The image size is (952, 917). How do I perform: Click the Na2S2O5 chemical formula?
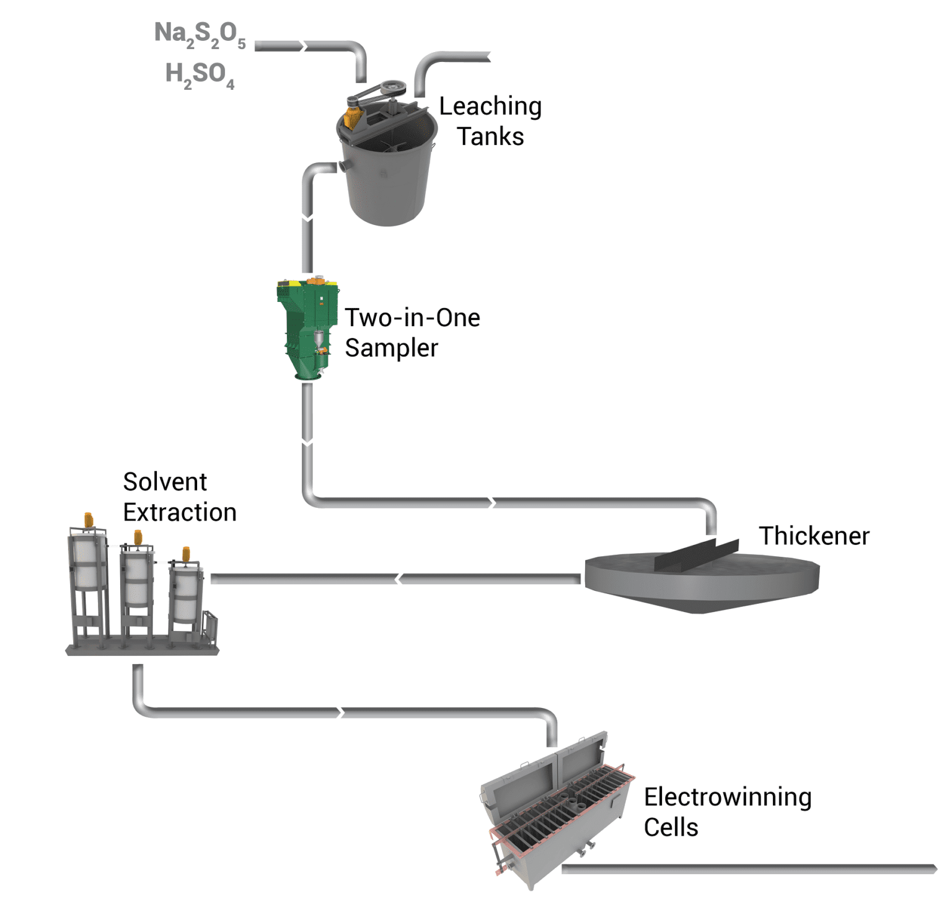point(200,34)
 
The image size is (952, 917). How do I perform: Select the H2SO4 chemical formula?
point(200,74)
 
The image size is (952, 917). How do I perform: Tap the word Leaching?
point(490,107)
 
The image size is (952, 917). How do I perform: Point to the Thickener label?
point(814,536)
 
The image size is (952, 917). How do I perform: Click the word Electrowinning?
point(727,797)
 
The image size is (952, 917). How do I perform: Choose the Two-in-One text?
point(412,318)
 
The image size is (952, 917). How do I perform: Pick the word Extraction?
point(180,513)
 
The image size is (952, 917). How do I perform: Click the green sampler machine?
point(307,329)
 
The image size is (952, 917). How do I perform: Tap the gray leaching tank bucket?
point(387,180)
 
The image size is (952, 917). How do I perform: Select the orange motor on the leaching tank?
point(352,117)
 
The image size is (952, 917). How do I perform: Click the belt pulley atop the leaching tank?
point(392,87)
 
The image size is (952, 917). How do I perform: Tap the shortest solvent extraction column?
point(185,592)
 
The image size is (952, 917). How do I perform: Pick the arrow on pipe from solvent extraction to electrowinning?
point(340,712)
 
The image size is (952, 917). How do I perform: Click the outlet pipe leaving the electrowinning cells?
point(744,869)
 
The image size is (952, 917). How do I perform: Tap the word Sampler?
point(391,348)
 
